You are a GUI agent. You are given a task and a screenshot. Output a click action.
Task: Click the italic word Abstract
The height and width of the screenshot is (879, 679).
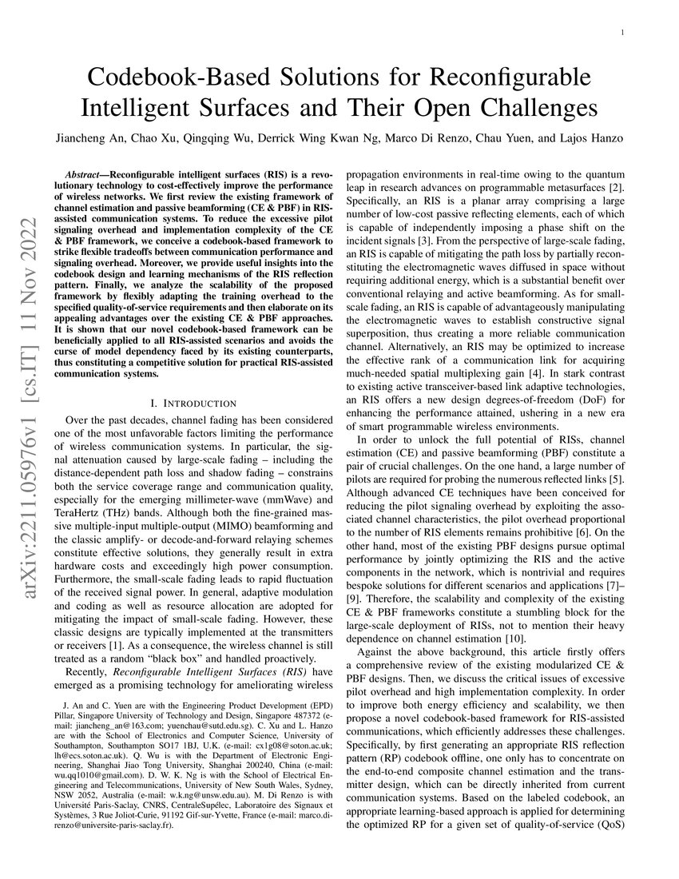[x=84, y=173]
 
